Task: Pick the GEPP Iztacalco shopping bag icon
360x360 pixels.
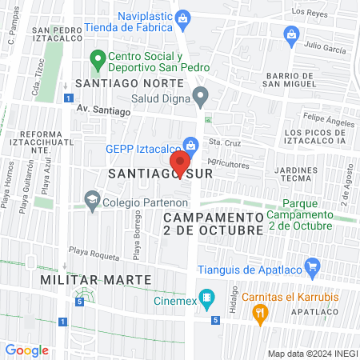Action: click(190, 145)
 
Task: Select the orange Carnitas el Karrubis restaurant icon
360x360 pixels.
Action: click(259, 314)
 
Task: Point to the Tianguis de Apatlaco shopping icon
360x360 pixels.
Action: click(313, 266)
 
